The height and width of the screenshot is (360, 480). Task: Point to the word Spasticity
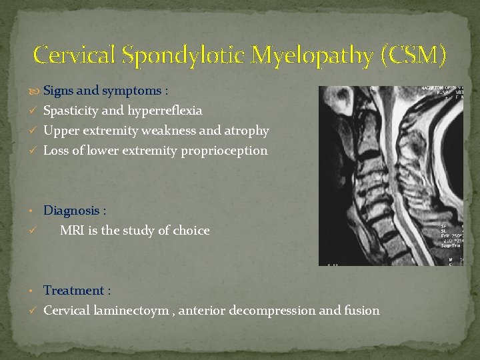[71, 111]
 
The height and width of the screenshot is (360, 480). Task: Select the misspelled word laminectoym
[132, 311]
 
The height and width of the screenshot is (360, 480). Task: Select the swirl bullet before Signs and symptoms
[36, 91]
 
